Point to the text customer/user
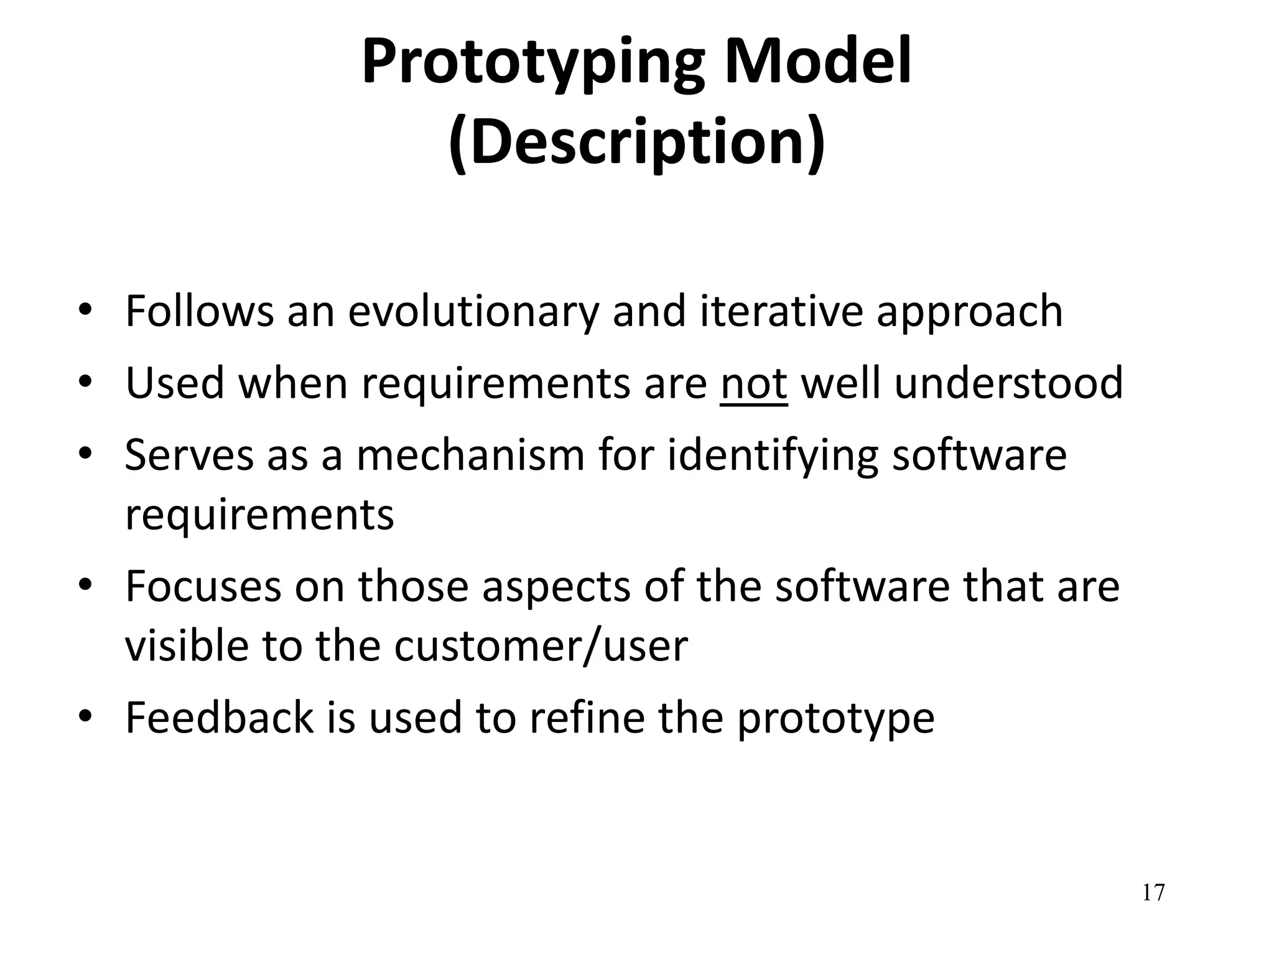tap(541, 645)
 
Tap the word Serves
tap(189, 454)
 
